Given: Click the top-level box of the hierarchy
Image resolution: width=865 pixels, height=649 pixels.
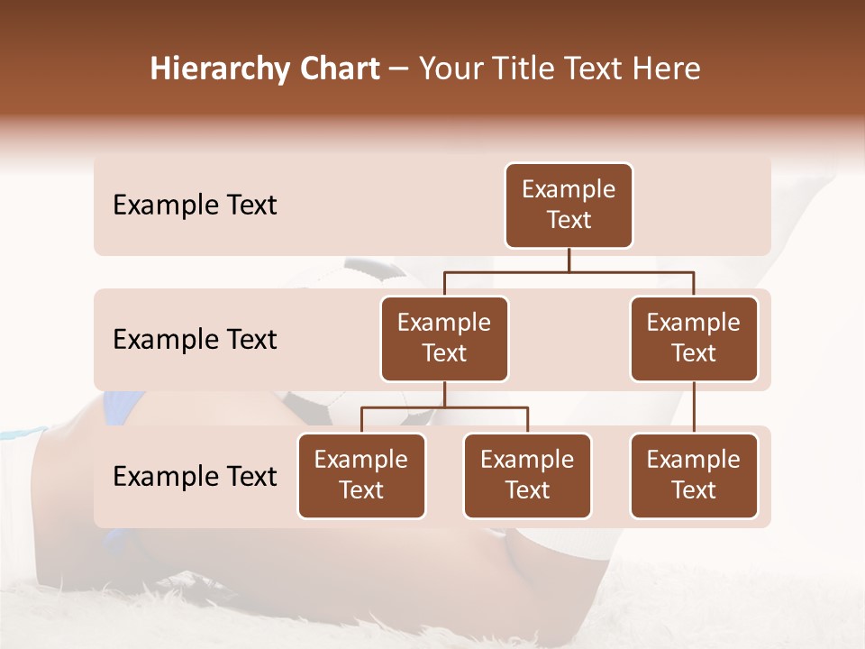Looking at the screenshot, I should [569, 206].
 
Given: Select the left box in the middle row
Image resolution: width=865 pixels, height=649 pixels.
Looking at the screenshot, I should [444, 339].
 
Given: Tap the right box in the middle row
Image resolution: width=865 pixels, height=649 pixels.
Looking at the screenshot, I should [694, 339].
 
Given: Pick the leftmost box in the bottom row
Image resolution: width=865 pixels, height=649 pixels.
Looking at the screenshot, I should [361, 476].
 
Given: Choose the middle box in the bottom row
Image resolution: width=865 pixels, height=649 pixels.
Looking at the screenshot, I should [527, 476].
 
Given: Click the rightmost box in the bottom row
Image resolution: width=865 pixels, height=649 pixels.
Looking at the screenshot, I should [694, 476].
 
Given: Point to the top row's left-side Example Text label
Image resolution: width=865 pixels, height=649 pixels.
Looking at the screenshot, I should [195, 206].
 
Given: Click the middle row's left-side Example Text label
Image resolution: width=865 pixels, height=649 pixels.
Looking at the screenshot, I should [195, 340].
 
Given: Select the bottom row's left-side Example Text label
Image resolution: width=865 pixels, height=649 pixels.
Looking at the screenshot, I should [195, 477].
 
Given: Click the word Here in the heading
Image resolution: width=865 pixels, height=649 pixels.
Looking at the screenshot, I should [668, 69].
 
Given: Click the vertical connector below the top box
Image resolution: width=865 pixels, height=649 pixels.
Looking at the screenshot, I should [569, 260].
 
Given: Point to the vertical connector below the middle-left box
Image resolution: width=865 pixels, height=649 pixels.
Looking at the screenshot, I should [444, 395].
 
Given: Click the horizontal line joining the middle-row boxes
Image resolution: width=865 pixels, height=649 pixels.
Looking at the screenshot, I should [569, 271].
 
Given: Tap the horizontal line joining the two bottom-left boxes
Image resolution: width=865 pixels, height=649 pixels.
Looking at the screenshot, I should [444, 407].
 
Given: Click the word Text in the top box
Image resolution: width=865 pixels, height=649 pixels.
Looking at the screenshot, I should [569, 221].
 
